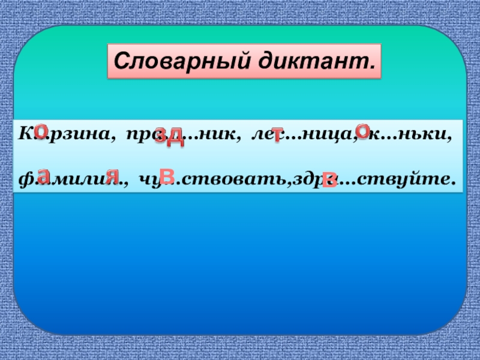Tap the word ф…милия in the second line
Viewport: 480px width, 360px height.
click(74, 178)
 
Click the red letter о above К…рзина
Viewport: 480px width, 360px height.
click(41, 130)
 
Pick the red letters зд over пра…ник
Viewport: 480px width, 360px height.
click(169, 137)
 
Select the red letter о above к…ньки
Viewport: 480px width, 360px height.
click(362, 130)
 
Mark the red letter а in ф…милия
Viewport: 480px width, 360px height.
click(43, 175)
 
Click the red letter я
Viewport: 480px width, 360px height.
click(112, 175)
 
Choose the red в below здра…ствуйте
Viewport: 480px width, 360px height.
click(328, 180)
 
